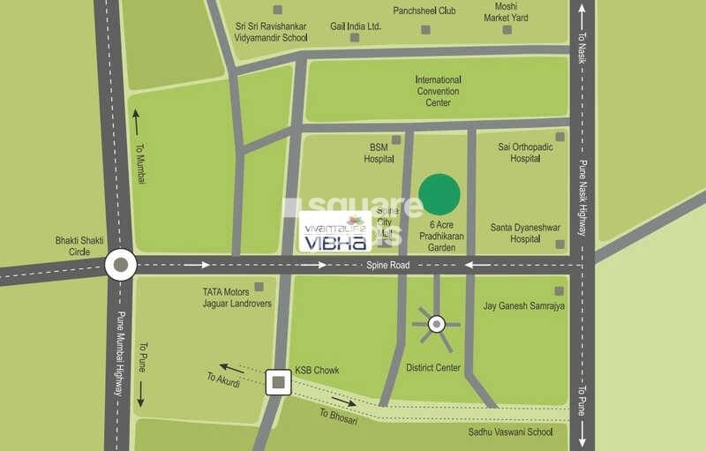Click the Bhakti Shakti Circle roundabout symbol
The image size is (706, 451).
coord(120,263)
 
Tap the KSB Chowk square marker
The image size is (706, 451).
coord(279,382)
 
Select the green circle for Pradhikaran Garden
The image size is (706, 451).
coord(439,194)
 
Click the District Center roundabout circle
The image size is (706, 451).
coord(436,325)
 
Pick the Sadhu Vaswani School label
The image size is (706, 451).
coord(511,432)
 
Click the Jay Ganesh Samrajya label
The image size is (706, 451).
coord(523,306)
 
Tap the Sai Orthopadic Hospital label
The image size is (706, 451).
coord(524,153)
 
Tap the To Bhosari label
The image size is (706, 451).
coord(336,413)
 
